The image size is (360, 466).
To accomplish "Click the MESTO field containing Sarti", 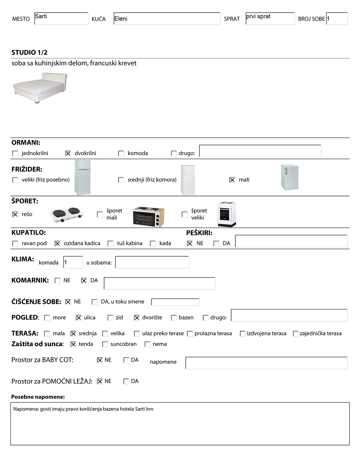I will coord(61,19).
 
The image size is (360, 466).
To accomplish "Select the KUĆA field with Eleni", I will coord(167,19).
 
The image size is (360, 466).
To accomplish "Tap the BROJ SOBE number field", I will coord(337,19).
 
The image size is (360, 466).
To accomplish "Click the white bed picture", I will coord(40,87).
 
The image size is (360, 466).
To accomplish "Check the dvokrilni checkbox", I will coord(68,153).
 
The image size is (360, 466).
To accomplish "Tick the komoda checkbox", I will coord(121,153).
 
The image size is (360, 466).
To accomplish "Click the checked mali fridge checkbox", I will coord(232,180).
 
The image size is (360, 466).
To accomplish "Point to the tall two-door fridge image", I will coord(82,178).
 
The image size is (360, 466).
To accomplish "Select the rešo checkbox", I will coord(15,214).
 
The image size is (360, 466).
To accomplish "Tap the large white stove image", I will coord(227,214).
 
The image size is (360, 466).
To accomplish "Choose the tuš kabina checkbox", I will coord(111,243).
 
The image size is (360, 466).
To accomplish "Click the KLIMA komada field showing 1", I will coord(73,262).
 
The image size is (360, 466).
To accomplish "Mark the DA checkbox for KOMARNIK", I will coord(84,281).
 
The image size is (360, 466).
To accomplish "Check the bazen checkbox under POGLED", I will coord(174,318).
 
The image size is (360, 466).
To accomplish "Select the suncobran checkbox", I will coord(105,344).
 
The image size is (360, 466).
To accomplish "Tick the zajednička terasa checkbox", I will coord(296,334).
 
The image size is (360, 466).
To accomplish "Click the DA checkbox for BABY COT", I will coord(126,360).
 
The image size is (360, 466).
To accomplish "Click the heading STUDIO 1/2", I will coord(29,53).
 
